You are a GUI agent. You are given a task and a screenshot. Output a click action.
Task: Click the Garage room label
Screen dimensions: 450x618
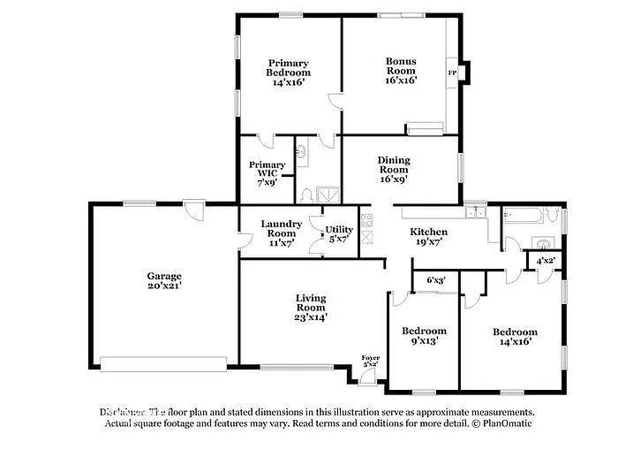(164, 281)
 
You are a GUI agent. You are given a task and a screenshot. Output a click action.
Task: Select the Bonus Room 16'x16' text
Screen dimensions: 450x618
(401, 71)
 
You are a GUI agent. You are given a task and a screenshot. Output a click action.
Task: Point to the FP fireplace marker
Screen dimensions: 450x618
(452, 72)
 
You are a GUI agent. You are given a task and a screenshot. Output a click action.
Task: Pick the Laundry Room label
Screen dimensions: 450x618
(282, 230)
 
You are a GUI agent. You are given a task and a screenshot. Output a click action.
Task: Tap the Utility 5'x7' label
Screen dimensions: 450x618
(339, 234)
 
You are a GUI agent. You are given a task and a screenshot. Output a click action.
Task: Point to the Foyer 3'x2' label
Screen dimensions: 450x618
(371, 361)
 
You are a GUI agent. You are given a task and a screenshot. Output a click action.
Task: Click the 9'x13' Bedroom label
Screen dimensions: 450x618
(424, 336)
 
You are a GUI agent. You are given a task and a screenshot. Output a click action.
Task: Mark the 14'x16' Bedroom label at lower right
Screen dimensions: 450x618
(516, 338)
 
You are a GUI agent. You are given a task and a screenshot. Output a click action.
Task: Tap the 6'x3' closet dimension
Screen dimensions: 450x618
(436, 280)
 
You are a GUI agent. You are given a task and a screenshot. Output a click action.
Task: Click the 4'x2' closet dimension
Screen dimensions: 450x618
(544, 261)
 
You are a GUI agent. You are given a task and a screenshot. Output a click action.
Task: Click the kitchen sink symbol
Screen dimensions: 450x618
(476, 212)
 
